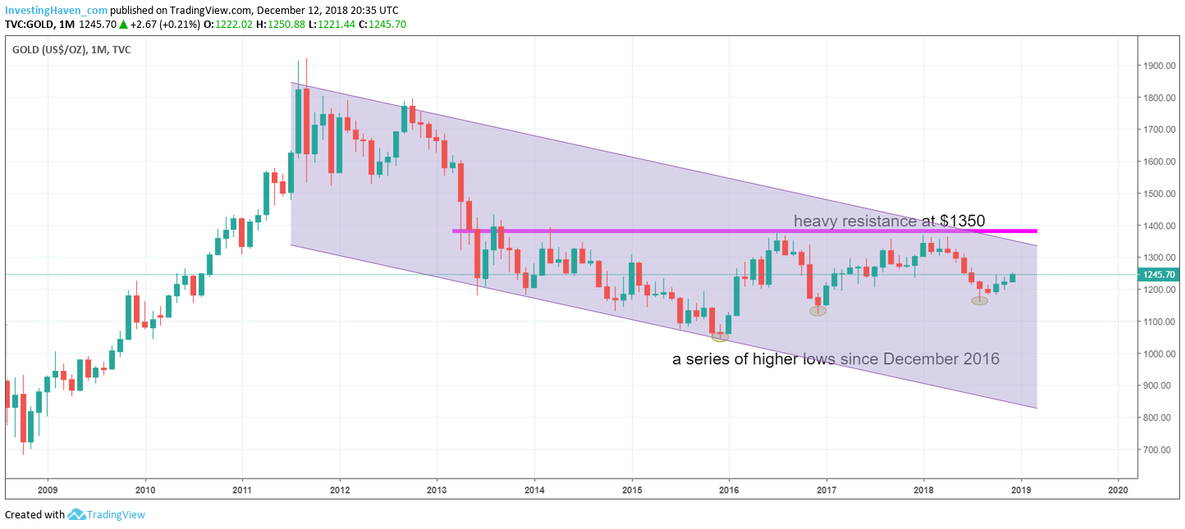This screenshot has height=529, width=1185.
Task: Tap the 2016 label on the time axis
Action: pos(729,489)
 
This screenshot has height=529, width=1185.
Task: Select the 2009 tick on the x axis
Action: pos(48,489)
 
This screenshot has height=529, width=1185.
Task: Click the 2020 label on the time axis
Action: pos(1118,489)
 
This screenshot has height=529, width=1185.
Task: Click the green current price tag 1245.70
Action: pos(1159,276)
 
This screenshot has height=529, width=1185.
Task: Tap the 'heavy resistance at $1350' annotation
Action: pos(889,221)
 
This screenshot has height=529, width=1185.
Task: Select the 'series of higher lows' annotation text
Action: pos(835,359)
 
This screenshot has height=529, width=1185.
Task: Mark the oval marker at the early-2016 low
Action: pos(720,336)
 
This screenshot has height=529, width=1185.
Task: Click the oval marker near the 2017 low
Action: pos(817,311)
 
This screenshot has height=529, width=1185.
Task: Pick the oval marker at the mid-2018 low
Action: pos(980,301)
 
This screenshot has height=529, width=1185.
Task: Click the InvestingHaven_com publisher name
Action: pos(56,10)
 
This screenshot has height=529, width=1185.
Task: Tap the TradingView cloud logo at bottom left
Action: pos(77,514)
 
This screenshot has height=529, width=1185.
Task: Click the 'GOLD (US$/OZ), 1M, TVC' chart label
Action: pos(71,49)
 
